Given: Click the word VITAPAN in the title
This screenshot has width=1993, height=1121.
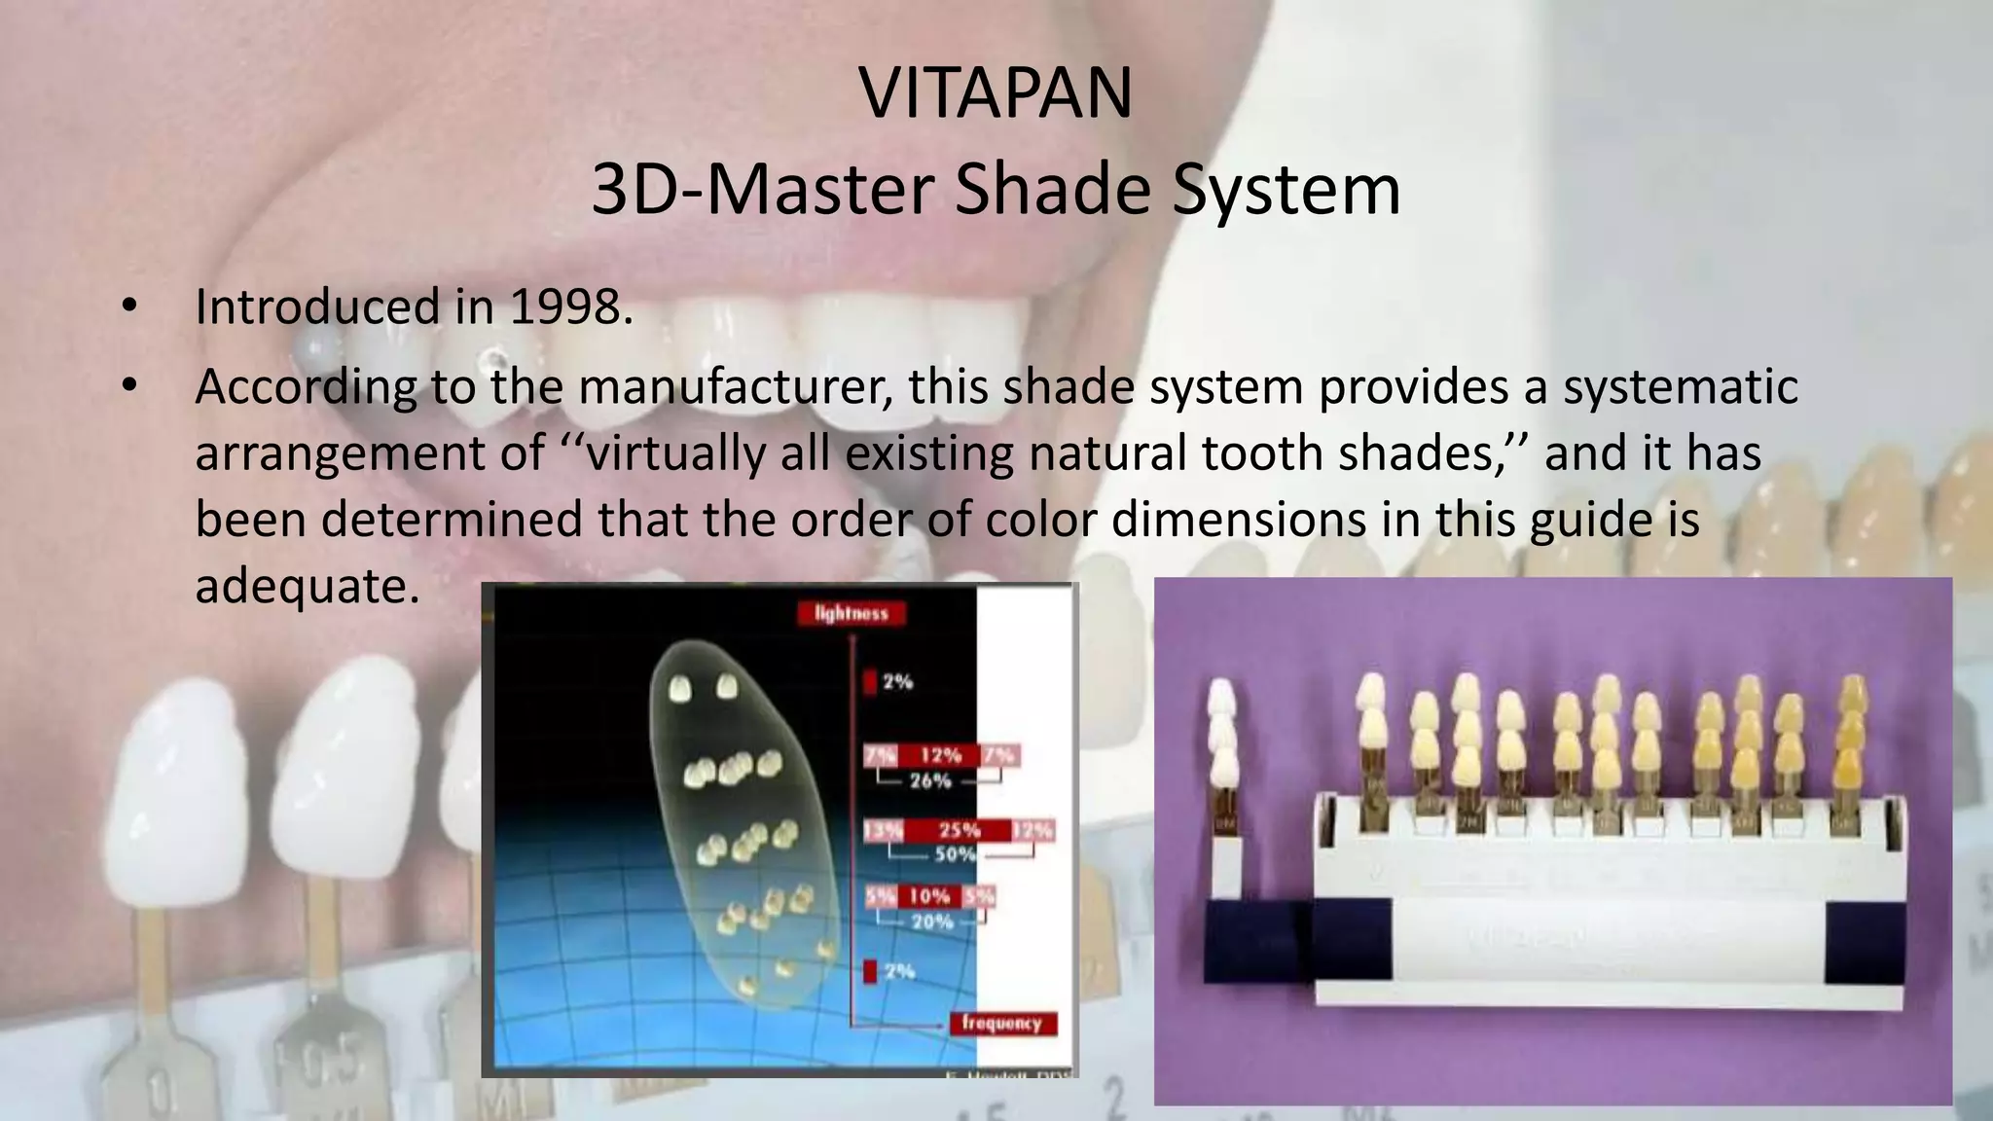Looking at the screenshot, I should point(996,93).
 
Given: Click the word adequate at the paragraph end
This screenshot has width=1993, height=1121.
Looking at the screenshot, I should point(307,586).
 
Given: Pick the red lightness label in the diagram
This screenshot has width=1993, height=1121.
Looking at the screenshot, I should point(852,613).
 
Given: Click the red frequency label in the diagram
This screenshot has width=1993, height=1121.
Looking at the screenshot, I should point(1001,1023).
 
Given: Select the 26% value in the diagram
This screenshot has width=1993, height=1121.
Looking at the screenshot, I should point(929,780).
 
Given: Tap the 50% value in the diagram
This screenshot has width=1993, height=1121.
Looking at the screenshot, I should point(955,854).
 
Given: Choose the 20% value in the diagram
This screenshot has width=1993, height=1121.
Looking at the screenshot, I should point(931,921).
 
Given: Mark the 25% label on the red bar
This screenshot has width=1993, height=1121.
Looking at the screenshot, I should point(959,830).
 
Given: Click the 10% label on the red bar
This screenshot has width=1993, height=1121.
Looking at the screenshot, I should point(929,896).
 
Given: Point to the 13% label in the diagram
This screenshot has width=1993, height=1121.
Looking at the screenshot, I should point(883,830).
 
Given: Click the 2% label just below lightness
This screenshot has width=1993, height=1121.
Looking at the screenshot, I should point(897,682).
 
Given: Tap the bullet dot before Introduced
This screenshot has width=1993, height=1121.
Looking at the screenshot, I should point(129,307).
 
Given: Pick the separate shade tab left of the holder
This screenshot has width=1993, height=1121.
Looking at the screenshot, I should point(1221,778).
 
